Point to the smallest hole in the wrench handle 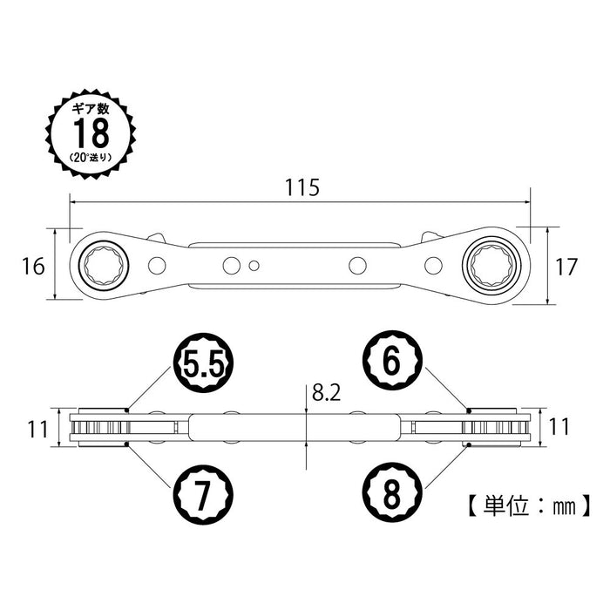point(254,267)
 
